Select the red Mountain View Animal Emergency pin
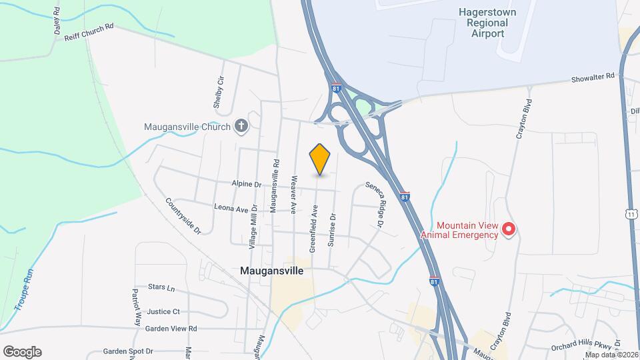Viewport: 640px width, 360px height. click(509, 230)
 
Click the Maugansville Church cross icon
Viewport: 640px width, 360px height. click(241, 126)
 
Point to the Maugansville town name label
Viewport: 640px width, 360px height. click(271, 271)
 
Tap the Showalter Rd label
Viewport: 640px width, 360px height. click(592, 78)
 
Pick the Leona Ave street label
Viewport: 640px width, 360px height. click(231, 209)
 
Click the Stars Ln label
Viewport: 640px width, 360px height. click(161, 288)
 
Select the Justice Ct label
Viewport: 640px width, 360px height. click(163, 311)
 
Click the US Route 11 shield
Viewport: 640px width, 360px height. click(632, 213)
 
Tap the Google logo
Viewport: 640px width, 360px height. click(22, 352)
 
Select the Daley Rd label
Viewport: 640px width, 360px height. click(57, 23)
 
